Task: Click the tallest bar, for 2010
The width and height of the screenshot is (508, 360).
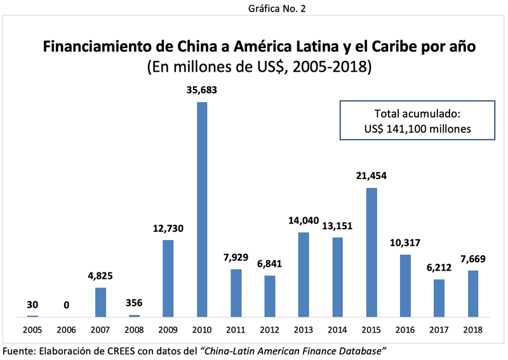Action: (x=202, y=210)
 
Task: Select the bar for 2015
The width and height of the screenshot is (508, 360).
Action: (x=371, y=252)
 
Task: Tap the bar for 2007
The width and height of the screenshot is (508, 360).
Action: (x=100, y=302)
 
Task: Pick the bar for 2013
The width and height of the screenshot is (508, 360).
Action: (x=304, y=274)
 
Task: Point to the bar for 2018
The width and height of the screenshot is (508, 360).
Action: (x=473, y=293)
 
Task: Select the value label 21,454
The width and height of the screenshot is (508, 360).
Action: (x=371, y=176)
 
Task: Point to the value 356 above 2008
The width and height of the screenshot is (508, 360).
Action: (x=134, y=303)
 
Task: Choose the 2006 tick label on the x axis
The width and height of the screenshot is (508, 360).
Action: (x=67, y=330)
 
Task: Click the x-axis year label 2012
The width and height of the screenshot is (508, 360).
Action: (x=270, y=330)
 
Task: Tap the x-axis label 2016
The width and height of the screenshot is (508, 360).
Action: (x=405, y=330)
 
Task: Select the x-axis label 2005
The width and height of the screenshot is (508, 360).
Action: (x=32, y=330)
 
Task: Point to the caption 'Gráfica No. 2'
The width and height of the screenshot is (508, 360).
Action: (x=254, y=8)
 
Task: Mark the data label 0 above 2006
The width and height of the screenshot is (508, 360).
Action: (x=67, y=305)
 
